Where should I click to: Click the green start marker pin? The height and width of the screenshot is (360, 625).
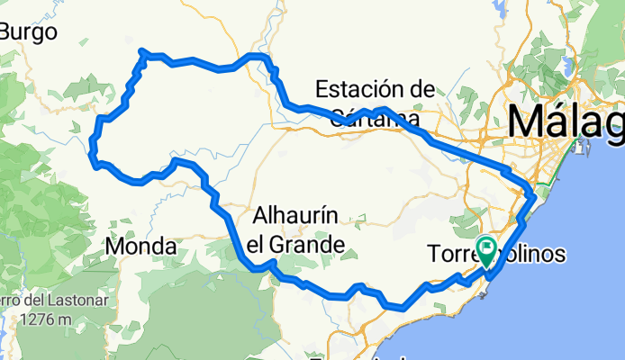point(487,249)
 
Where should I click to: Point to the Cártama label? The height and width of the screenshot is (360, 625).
point(375,118)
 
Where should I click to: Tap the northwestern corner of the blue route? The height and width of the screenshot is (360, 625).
point(142,53)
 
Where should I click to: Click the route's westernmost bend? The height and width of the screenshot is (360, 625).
point(93,159)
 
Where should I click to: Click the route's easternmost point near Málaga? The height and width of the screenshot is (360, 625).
point(533,194)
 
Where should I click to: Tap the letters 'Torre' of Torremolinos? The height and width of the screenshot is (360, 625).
point(450,256)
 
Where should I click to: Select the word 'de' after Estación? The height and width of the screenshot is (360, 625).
point(421,89)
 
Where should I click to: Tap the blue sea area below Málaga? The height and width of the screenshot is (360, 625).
point(576,270)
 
